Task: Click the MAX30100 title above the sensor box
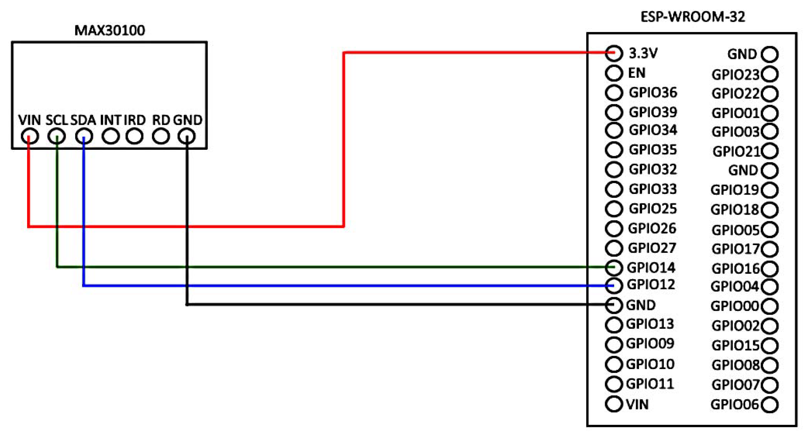110,31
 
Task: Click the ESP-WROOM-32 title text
693,17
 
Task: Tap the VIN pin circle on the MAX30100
30,137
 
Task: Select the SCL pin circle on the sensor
57,137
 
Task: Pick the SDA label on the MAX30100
83,120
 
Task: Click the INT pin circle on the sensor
111,137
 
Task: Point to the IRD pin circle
134,137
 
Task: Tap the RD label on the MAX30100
161,120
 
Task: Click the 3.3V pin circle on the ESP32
614,53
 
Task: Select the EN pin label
637,73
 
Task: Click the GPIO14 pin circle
614,268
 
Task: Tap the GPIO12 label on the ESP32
651,285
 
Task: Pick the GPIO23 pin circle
770,74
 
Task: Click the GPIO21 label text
736,152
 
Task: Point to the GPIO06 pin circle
770,405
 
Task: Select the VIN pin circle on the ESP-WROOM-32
614,404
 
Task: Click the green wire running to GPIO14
313,267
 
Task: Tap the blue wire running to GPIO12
313,285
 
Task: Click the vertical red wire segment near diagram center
344,140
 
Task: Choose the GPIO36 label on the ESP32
653,93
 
